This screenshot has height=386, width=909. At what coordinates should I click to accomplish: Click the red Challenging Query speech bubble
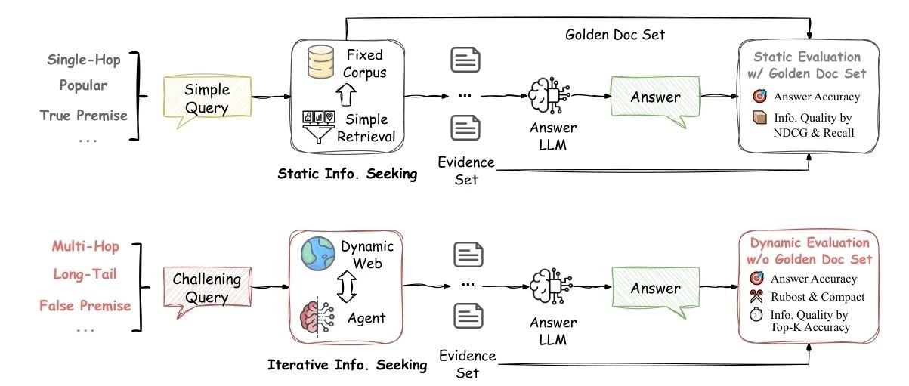207,289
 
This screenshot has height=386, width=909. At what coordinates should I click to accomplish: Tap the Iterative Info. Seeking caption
347,366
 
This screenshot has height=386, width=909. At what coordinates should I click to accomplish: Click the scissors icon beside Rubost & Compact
759,297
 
